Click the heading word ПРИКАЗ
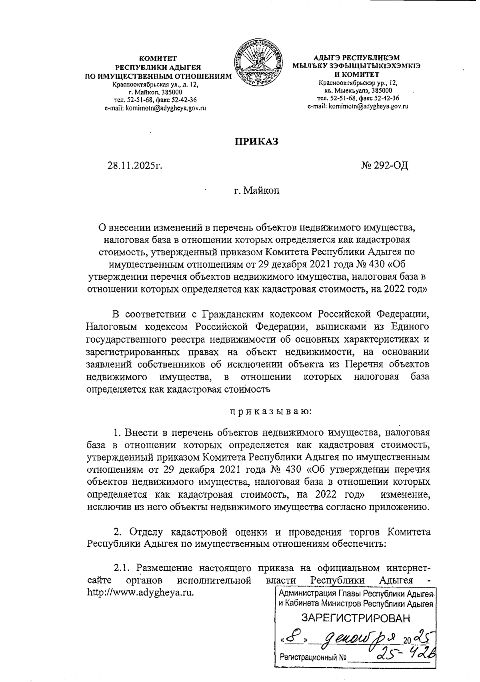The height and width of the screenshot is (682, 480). coord(256,142)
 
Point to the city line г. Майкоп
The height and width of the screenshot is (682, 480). coord(256,190)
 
